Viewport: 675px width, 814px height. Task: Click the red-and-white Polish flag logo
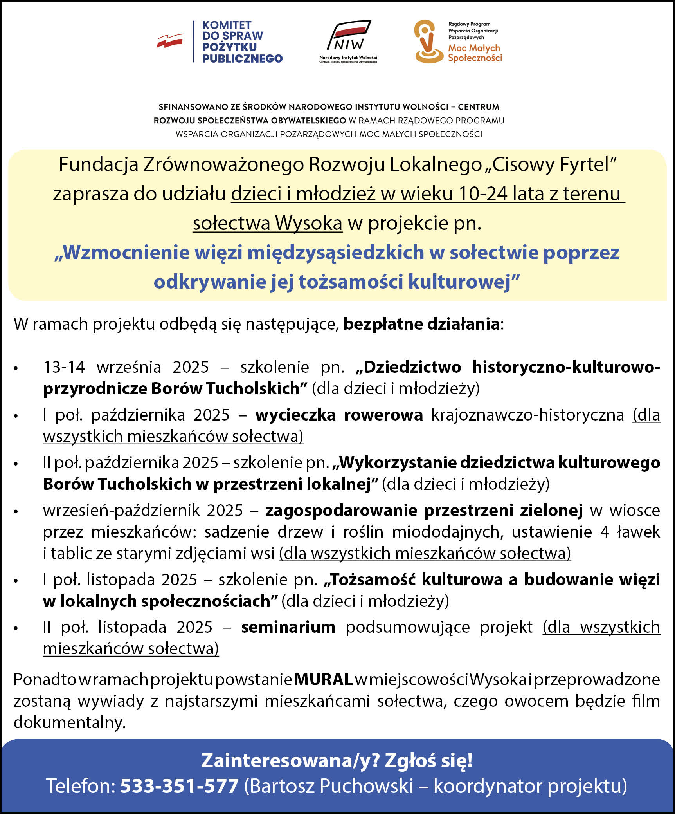(x=170, y=41)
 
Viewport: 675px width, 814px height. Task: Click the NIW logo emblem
(x=349, y=36)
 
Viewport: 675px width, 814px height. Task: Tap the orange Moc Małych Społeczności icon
(x=428, y=42)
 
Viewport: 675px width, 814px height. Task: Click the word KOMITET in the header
(x=227, y=25)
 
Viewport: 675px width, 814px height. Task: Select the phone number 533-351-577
(x=179, y=785)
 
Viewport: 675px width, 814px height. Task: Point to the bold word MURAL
(x=323, y=679)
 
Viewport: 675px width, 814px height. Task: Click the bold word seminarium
(x=288, y=627)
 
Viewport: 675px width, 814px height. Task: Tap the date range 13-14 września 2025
(x=126, y=367)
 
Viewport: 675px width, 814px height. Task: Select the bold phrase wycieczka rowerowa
(x=339, y=415)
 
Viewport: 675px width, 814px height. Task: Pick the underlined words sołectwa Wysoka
(x=268, y=223)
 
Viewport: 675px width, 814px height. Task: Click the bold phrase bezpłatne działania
(x=421, y=324)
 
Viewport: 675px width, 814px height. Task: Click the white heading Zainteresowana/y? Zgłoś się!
(x=337, y=760)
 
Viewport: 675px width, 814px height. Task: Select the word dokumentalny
(x=69, y=722)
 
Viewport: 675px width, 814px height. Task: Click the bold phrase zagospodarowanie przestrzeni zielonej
(x=424, y=510)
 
